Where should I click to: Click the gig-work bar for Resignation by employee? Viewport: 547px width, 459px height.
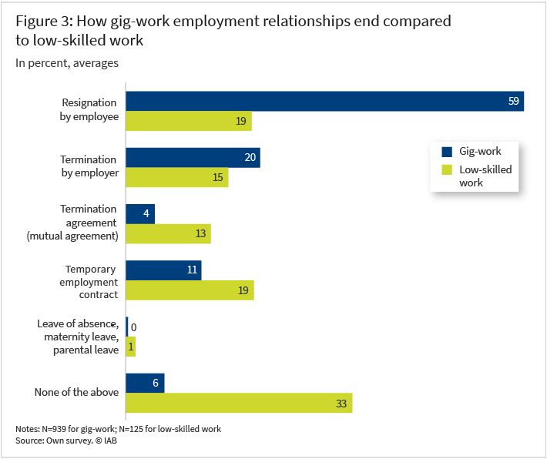(x=324, y=102)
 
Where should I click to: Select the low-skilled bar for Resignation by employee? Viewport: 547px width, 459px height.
(x=189, y=122)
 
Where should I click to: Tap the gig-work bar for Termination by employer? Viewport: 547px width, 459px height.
(x=193, y=158)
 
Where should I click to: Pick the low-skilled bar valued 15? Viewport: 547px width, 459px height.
(x=176, y=178)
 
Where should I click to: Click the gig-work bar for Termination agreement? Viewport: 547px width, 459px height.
(x=140, y=214)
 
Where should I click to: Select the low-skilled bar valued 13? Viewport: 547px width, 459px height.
(x=168, y=234)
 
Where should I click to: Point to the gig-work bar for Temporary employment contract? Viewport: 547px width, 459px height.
(x=163, y=270)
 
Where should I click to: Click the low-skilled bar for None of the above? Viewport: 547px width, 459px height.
(x=239, y=403)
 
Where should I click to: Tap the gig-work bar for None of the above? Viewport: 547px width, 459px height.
(x=145, y=383)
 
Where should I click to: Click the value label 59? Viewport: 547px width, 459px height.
(x=514, y=102)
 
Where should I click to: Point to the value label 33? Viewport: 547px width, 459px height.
(x=342, y=403)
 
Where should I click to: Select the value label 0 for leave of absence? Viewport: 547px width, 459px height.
(x=134, y=327)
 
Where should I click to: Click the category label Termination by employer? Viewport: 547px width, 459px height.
(x=89, y=166)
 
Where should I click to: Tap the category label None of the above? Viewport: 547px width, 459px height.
(x=76, y=392)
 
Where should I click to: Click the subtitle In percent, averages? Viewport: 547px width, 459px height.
(x=67, y=63)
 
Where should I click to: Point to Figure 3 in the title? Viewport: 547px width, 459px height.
(x=45, y=21)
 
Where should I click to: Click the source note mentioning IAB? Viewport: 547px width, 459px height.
(x=65, y=441)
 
